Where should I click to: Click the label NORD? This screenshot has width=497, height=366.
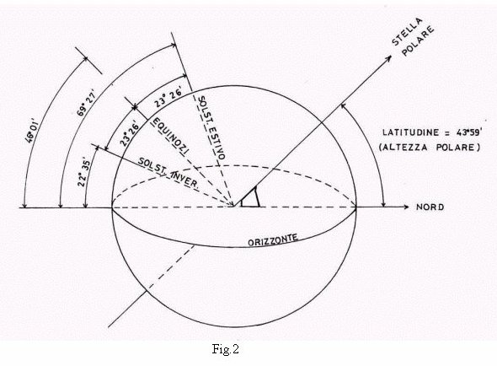point(430,207)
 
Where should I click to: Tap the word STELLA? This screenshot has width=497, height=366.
point(408,32)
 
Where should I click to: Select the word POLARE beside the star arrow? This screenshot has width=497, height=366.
point(418,41)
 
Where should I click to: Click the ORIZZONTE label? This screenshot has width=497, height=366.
point(273,240)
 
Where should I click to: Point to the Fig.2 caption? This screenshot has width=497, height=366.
point(226,349)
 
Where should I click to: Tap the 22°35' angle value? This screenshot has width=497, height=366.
point(86,172)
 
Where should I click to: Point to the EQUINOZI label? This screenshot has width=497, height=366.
point(170,136)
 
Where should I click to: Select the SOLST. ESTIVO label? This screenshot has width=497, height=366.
point(211,127)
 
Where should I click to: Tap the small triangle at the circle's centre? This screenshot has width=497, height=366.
point(250,198)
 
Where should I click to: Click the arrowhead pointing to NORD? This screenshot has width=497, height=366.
point(406,207)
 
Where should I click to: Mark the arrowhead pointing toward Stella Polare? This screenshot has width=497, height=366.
point(389,58)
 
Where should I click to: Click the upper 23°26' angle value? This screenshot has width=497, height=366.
point(168,98)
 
